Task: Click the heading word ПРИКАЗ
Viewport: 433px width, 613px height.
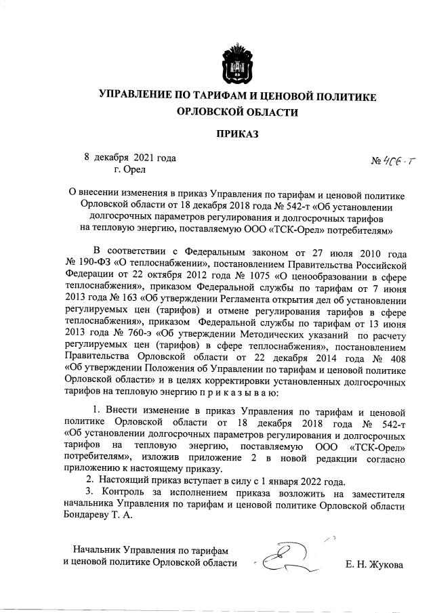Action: [x=237, y=134]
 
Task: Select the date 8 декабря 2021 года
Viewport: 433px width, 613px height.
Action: [x=130, y=157]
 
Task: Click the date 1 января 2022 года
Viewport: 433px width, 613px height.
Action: [x=294, y=482]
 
